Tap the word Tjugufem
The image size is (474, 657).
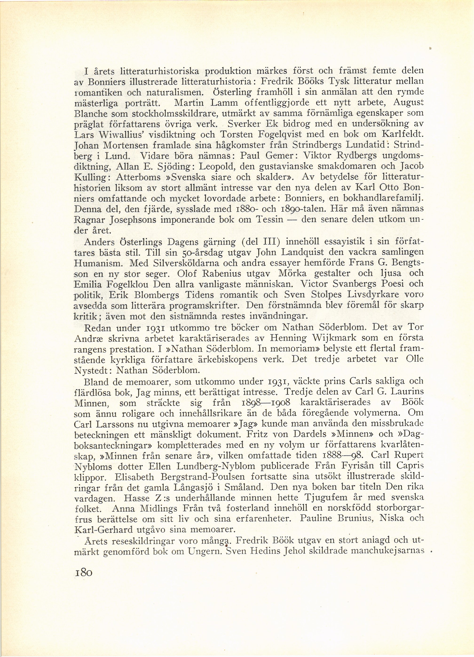click(311, 498)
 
